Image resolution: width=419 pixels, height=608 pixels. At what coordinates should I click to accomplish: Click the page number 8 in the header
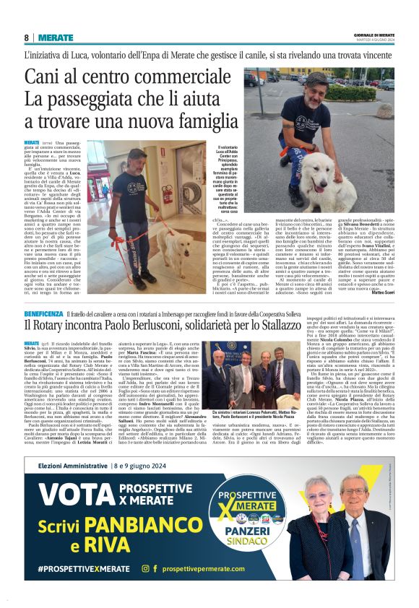coord(27,38)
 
